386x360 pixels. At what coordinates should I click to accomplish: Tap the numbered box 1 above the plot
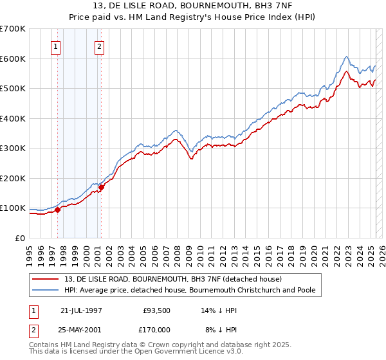[x=56, y=46]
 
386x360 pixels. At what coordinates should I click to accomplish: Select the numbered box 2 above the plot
[x=100, y=46]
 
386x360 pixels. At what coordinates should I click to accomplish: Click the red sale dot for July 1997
[x=58, y=210]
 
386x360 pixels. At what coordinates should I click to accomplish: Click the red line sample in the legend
[x=46, y=279]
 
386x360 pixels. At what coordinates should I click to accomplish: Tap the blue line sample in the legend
[x=46, y=291]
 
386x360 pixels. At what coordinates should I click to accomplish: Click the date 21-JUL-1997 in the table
[x=81, y=310]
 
